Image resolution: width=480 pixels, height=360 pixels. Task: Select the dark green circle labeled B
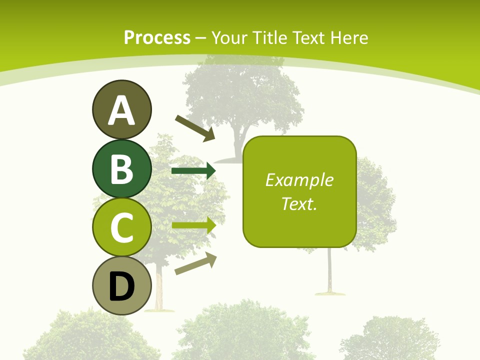point(121,168)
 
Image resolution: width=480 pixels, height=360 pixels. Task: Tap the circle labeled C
point(121,227)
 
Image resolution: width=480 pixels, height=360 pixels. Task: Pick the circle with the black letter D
point(121,285)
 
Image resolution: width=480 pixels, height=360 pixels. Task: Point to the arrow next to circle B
point(193,171)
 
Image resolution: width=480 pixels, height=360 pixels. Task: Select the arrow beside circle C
point(193,225)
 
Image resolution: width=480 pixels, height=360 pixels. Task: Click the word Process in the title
point(157,38)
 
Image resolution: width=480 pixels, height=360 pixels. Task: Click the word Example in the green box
point(299,180)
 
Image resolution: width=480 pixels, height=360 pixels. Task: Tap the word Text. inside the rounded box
point(299,203)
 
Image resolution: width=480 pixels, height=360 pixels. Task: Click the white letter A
point(121,110)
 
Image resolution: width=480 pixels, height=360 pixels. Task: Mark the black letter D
point(121,287)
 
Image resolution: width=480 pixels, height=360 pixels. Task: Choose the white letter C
point(121,228)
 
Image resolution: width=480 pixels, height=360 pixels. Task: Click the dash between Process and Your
point(201,38)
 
